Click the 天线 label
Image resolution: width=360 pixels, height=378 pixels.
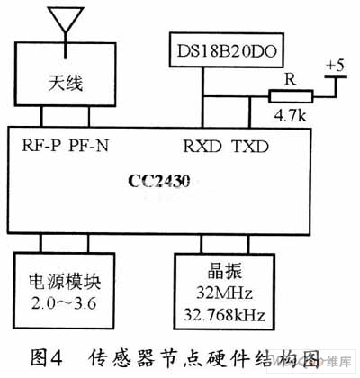66,83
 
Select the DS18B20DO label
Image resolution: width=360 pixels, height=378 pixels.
227,51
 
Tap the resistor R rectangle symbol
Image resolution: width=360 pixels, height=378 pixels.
291,96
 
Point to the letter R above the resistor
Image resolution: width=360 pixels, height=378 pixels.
290,80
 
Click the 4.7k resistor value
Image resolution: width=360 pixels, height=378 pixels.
290,116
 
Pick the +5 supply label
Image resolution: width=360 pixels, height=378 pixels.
336,66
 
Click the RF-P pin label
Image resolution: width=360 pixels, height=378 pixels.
41,146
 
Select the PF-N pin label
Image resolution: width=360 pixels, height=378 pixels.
88,146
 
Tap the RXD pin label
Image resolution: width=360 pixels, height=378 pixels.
202,147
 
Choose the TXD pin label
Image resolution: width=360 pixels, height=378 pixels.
250,147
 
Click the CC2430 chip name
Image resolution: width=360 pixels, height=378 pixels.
159,181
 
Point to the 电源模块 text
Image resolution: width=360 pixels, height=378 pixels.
65,282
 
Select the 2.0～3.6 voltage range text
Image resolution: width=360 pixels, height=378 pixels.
64,303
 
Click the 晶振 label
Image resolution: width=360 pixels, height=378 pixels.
224,272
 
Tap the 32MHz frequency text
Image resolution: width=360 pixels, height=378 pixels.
224,292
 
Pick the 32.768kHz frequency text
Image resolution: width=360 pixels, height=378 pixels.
224,314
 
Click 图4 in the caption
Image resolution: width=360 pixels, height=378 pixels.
47,357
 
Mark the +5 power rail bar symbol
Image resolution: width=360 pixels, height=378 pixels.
336,76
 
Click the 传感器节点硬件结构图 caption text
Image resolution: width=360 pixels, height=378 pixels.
204,358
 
